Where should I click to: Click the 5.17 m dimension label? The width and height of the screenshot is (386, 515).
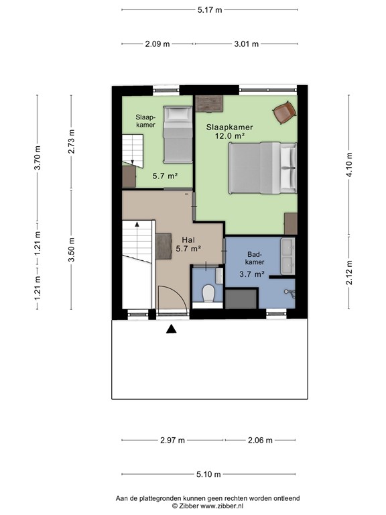click(x=210, y=10)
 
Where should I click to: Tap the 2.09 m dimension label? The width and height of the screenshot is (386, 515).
click(x=157, y=44)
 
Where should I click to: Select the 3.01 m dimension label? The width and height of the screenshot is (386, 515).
click(x=246, y=44)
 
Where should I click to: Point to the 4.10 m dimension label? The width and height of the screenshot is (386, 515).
click(x=349, y=164)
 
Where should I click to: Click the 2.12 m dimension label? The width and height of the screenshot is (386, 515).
click(x=349, y=272)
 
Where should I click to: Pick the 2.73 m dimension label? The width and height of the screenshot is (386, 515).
click(x=71, y=141)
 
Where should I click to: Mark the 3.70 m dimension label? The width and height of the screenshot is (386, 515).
click(x=38, y=158)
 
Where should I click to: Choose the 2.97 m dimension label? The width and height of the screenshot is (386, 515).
click(x=173, y=440)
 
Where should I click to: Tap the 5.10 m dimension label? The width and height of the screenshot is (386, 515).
click(x=209, y=474)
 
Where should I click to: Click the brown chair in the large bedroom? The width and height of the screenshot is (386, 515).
click(x=285, y=113)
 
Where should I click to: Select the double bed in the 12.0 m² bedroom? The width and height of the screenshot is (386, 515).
click(x=263, y=168)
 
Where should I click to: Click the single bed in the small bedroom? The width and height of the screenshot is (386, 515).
click(x=178, y=134)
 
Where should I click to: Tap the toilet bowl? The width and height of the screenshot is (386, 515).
click(x=208, y=293)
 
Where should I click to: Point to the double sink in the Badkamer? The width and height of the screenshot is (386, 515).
click(x=287, y=256)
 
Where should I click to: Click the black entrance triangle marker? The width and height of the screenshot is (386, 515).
click(x=171, y=329)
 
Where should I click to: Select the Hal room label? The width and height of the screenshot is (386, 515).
click(x=188, y=240)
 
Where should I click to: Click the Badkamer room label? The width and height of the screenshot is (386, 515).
click(x=255, y=258)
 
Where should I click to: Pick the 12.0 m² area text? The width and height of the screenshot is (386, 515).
click(x=230, y=135)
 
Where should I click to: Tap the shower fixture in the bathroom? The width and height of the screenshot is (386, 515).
click(x=290, y=293)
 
